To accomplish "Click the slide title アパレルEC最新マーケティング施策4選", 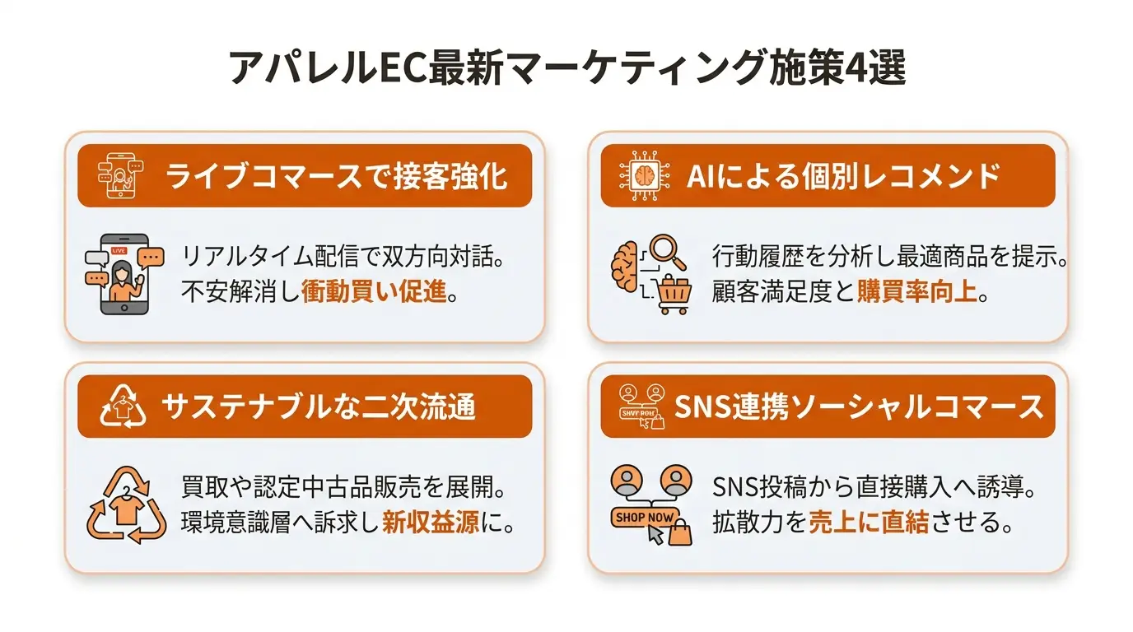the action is [566, 67].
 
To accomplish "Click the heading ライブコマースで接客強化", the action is [336, 176].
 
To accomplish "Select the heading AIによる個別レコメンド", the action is [843, 176].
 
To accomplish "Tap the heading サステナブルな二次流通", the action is [319, 407].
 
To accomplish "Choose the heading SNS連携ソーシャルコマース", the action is [859, 407].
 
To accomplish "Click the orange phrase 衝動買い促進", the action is [375, 291].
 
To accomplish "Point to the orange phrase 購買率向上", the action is [916, 291].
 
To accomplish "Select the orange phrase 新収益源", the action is [431, 522].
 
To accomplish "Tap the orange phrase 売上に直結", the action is [869, 522].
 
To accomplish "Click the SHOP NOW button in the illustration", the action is [645, 518].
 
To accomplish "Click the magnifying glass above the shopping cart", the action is [668, 252].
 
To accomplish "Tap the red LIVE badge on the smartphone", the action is [119, 251].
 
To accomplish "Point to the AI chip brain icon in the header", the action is [645, 175].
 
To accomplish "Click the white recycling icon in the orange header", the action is [123, 407].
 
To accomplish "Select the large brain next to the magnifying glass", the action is [626, 267].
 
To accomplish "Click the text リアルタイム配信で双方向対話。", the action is [343, 257].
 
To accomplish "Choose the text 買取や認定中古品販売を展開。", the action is [344, 487].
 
